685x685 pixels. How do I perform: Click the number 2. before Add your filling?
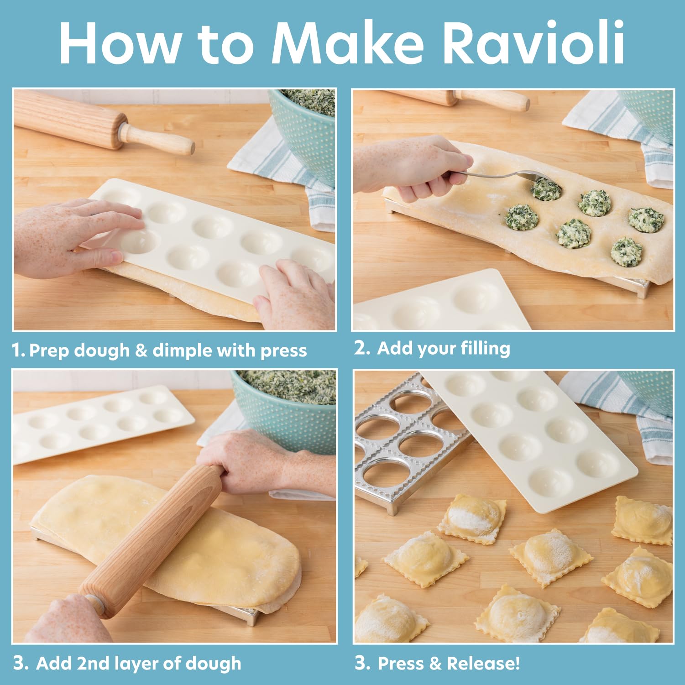pyautogui.click(x=362, y=348)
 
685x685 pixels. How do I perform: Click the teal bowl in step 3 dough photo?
pyautogui.click(x=292, y=411)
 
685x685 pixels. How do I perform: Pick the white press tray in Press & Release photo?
pyautogui.click(x=529, y=434)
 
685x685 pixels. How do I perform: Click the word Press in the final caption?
pyautogui.click(x=403, y=663)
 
